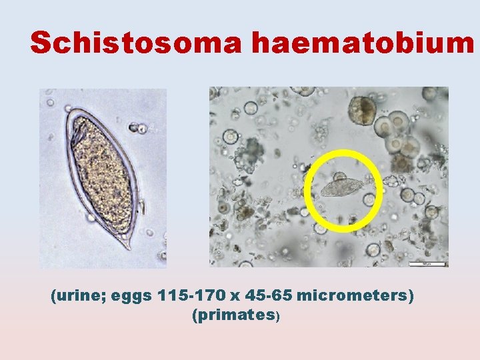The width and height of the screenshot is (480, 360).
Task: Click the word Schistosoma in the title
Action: (137, 43)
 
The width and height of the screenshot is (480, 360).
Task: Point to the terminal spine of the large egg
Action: (126, 245)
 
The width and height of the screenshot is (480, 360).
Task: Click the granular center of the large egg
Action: (103, 173)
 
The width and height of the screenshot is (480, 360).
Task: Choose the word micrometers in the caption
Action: (351, 295)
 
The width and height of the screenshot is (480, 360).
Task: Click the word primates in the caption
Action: (233, 315)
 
